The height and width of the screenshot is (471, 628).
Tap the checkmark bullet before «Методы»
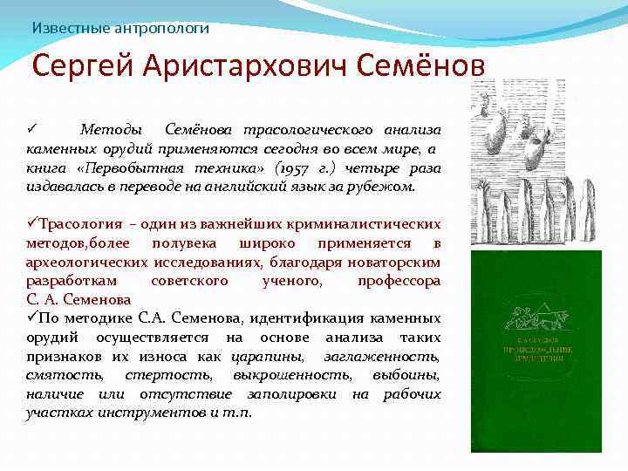31,129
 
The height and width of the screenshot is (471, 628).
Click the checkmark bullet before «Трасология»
31,223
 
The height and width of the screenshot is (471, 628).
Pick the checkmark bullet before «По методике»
31,318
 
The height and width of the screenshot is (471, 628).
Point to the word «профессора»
399,281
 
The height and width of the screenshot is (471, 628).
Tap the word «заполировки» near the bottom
296,394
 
